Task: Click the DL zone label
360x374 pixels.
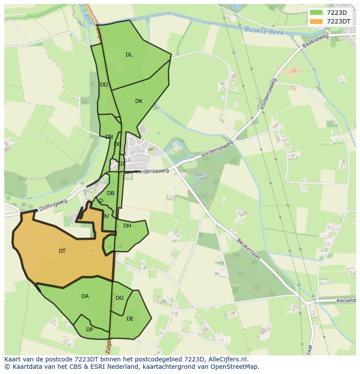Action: tap(129, 55)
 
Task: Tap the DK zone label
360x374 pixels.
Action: tap(139, 101)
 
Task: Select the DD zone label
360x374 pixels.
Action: tap(104, 85)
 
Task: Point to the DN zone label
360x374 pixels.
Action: tap(109, 137)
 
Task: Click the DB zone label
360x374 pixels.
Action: tap(110, 193)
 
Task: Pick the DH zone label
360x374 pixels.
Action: tap(127, 226)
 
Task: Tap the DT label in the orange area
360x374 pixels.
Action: tap(62, 251)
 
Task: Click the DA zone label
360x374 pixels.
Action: tap(85, 296)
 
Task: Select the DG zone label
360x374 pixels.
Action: tap(120, 298)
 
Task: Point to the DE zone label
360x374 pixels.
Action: tap(130, 319)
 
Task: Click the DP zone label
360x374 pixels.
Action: tap(90, 330)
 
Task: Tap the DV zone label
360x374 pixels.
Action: tap(106, 216)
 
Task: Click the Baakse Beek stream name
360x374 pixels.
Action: tap(264, 31)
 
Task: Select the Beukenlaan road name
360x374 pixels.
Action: tap(248, 249)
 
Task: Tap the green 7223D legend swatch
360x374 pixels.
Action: tap(317, 13)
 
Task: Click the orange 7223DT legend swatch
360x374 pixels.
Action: tap(317, 21)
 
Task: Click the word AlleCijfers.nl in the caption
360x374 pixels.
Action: tap(227, 359)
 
